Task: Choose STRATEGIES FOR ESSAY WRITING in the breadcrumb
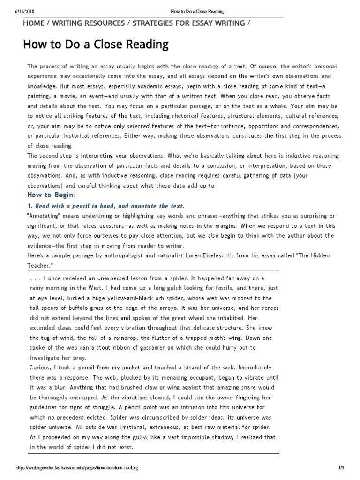(x=189, y=23)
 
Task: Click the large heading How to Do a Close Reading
(x=96, y=45)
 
